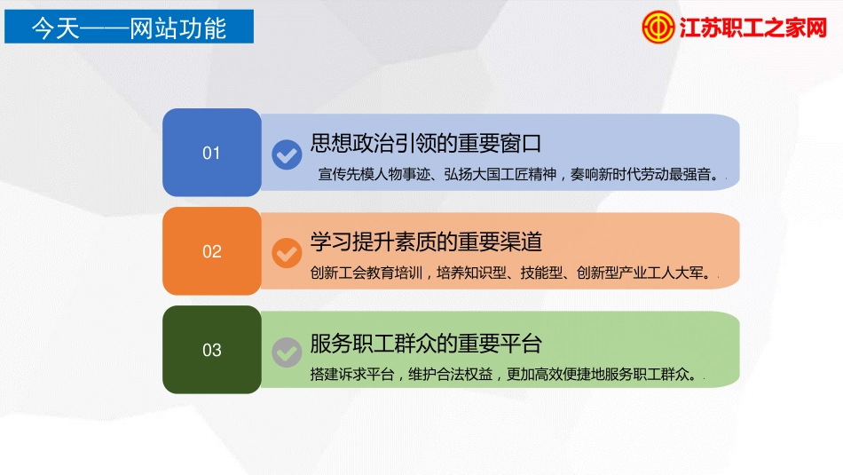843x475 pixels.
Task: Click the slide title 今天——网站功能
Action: pos(129,27)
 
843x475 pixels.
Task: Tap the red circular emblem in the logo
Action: pos(658,27)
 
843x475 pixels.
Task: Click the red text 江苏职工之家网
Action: pos(752,28)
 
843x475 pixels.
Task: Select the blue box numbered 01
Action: pos(211,153)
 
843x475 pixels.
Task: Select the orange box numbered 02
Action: pos(211,251)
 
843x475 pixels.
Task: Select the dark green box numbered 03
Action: pos(211,350)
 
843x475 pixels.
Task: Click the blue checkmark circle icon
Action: pos(287,154)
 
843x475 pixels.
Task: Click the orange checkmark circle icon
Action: pos(287,253)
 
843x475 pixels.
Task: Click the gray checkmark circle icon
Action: pos(287,352)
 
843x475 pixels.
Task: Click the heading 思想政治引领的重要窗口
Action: pos(426,143)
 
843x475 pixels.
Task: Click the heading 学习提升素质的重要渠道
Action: pos(426,241)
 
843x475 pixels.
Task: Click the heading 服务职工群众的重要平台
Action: pos(426,342)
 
